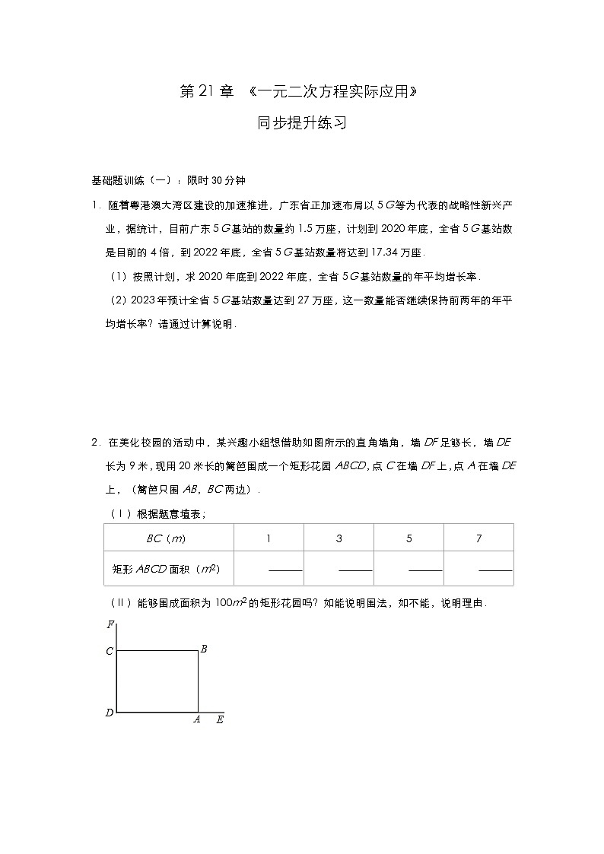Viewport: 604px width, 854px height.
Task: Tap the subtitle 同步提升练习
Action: tap(302, 122)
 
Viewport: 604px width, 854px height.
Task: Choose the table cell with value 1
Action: tap(269, 538)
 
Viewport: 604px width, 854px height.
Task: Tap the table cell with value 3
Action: tap(339, 538)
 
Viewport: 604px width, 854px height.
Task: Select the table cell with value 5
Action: tap(408, 538)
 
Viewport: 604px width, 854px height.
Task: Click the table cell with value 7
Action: tap(478, 538)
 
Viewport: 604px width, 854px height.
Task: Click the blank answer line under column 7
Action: tap(495, 570)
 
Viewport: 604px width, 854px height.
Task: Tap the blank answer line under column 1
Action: tap(285, 570)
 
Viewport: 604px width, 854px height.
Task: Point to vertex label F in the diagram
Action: tap(110, 624)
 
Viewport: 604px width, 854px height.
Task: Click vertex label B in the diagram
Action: tap(203, 649)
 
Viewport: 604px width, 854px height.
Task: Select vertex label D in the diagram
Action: tap(110, 713)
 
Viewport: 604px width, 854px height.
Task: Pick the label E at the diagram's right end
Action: tap(219, 719)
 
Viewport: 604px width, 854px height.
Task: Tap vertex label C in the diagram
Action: tap(110, 651)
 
